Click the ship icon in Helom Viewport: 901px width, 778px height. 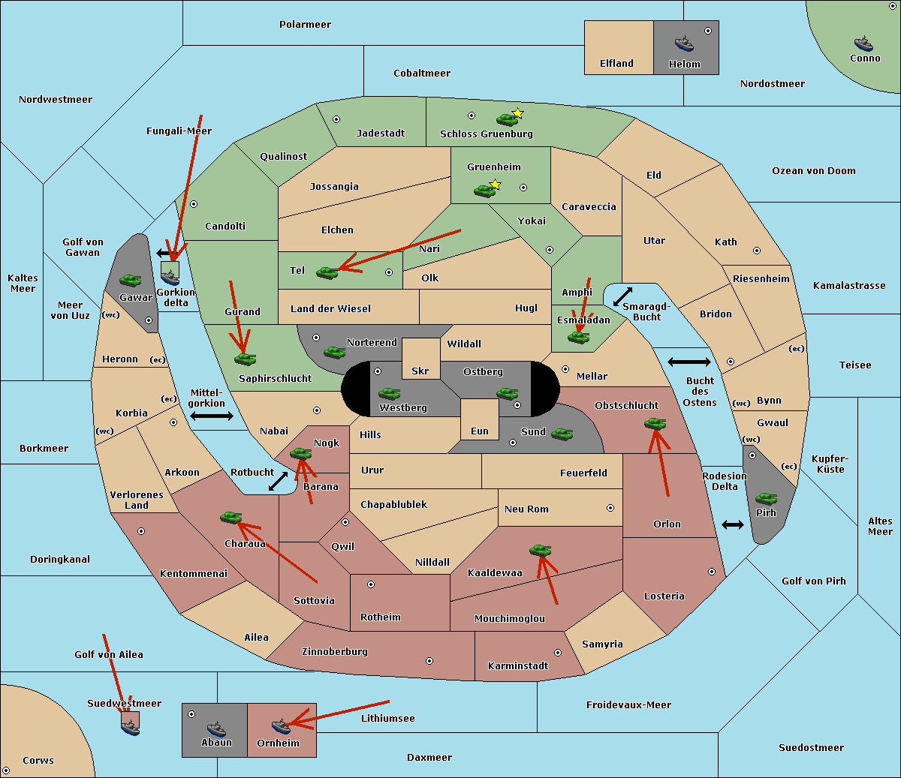pos(684,44)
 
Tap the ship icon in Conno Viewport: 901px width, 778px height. pos(863,44)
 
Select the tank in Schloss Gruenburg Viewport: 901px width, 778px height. pos(507,119)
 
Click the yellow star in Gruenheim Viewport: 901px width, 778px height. pos(495,184)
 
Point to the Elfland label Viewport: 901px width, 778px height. pos(616,64)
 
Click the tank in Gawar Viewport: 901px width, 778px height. pos(131,280)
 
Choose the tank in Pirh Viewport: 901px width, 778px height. pos(767,498)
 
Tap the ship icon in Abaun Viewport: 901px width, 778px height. pos(216,728)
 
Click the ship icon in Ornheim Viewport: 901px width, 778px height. pos(281,726)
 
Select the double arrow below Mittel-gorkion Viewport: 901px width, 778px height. pos(212,416)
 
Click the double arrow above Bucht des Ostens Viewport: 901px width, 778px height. pos(689,362)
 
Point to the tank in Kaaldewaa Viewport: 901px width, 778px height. pos(540,550)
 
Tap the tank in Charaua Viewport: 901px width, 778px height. pos(231,517)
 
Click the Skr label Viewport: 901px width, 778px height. pos(420,371)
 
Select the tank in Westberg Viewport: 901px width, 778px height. pos(389,393)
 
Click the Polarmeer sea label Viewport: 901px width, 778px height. pos(305,25)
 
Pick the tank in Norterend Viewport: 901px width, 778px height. pos(334,352)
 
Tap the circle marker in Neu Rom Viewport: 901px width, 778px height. pos(610,508)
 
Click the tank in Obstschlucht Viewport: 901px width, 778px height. pos(655,423)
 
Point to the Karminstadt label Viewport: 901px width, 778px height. pos(518,666)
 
